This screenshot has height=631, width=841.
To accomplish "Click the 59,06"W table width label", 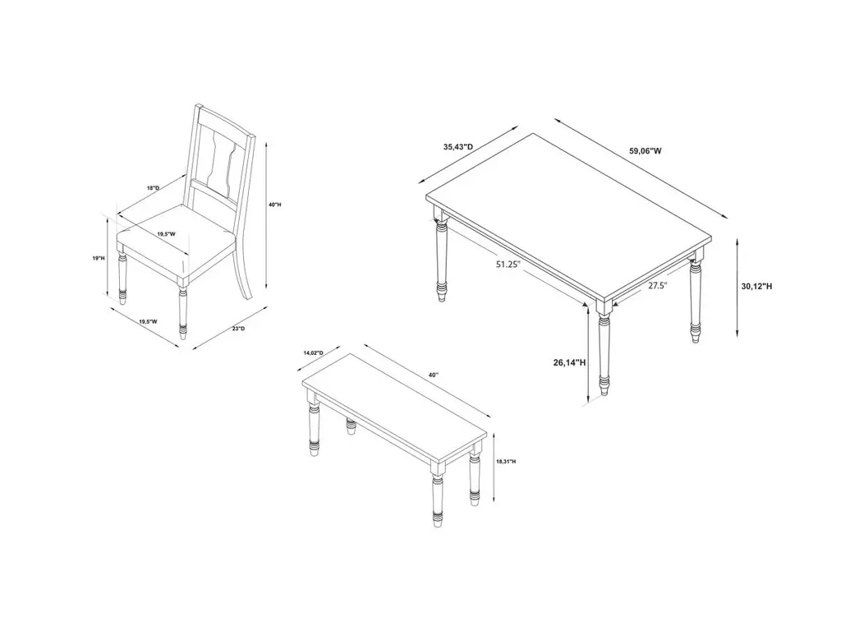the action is pos(646,151).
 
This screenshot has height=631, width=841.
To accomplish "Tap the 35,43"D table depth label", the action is pos(458,146).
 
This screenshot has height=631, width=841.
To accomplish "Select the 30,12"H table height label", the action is pos(756,287).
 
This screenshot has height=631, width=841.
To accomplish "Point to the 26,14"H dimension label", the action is pos(569,362).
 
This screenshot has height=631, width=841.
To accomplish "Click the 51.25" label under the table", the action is pos(508,264).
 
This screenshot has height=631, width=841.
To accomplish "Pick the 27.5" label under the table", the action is pos(657,285).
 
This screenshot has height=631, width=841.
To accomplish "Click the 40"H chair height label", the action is pos(275,205).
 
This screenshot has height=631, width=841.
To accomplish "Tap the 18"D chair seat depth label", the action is pos(154,188).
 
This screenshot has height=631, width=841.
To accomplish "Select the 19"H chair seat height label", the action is pos(99,258).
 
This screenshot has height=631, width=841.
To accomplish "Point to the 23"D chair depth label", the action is pos(239,329).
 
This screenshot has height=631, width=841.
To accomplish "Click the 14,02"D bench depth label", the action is pos(313,352).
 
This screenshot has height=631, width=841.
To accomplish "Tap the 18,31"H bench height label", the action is pos(506,462).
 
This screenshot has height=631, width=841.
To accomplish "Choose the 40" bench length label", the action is pos(434,375).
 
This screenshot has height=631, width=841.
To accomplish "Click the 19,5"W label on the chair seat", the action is pos(166,234).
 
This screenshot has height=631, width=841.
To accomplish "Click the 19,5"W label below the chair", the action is pos(148,322).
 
